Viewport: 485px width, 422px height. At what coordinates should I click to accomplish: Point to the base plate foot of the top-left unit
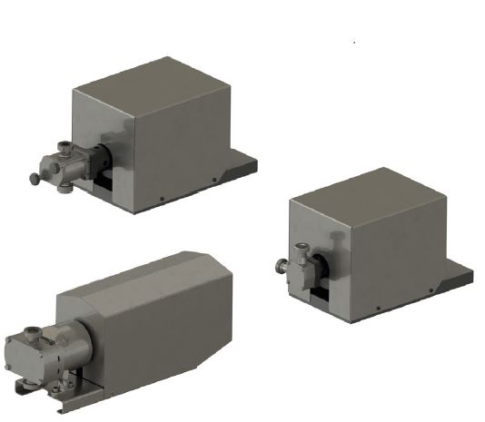243,167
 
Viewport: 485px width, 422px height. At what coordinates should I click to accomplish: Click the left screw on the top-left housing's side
161,198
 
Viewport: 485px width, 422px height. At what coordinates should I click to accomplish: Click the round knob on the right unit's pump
280,266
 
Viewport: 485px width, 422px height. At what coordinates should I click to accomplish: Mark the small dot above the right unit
352,40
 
